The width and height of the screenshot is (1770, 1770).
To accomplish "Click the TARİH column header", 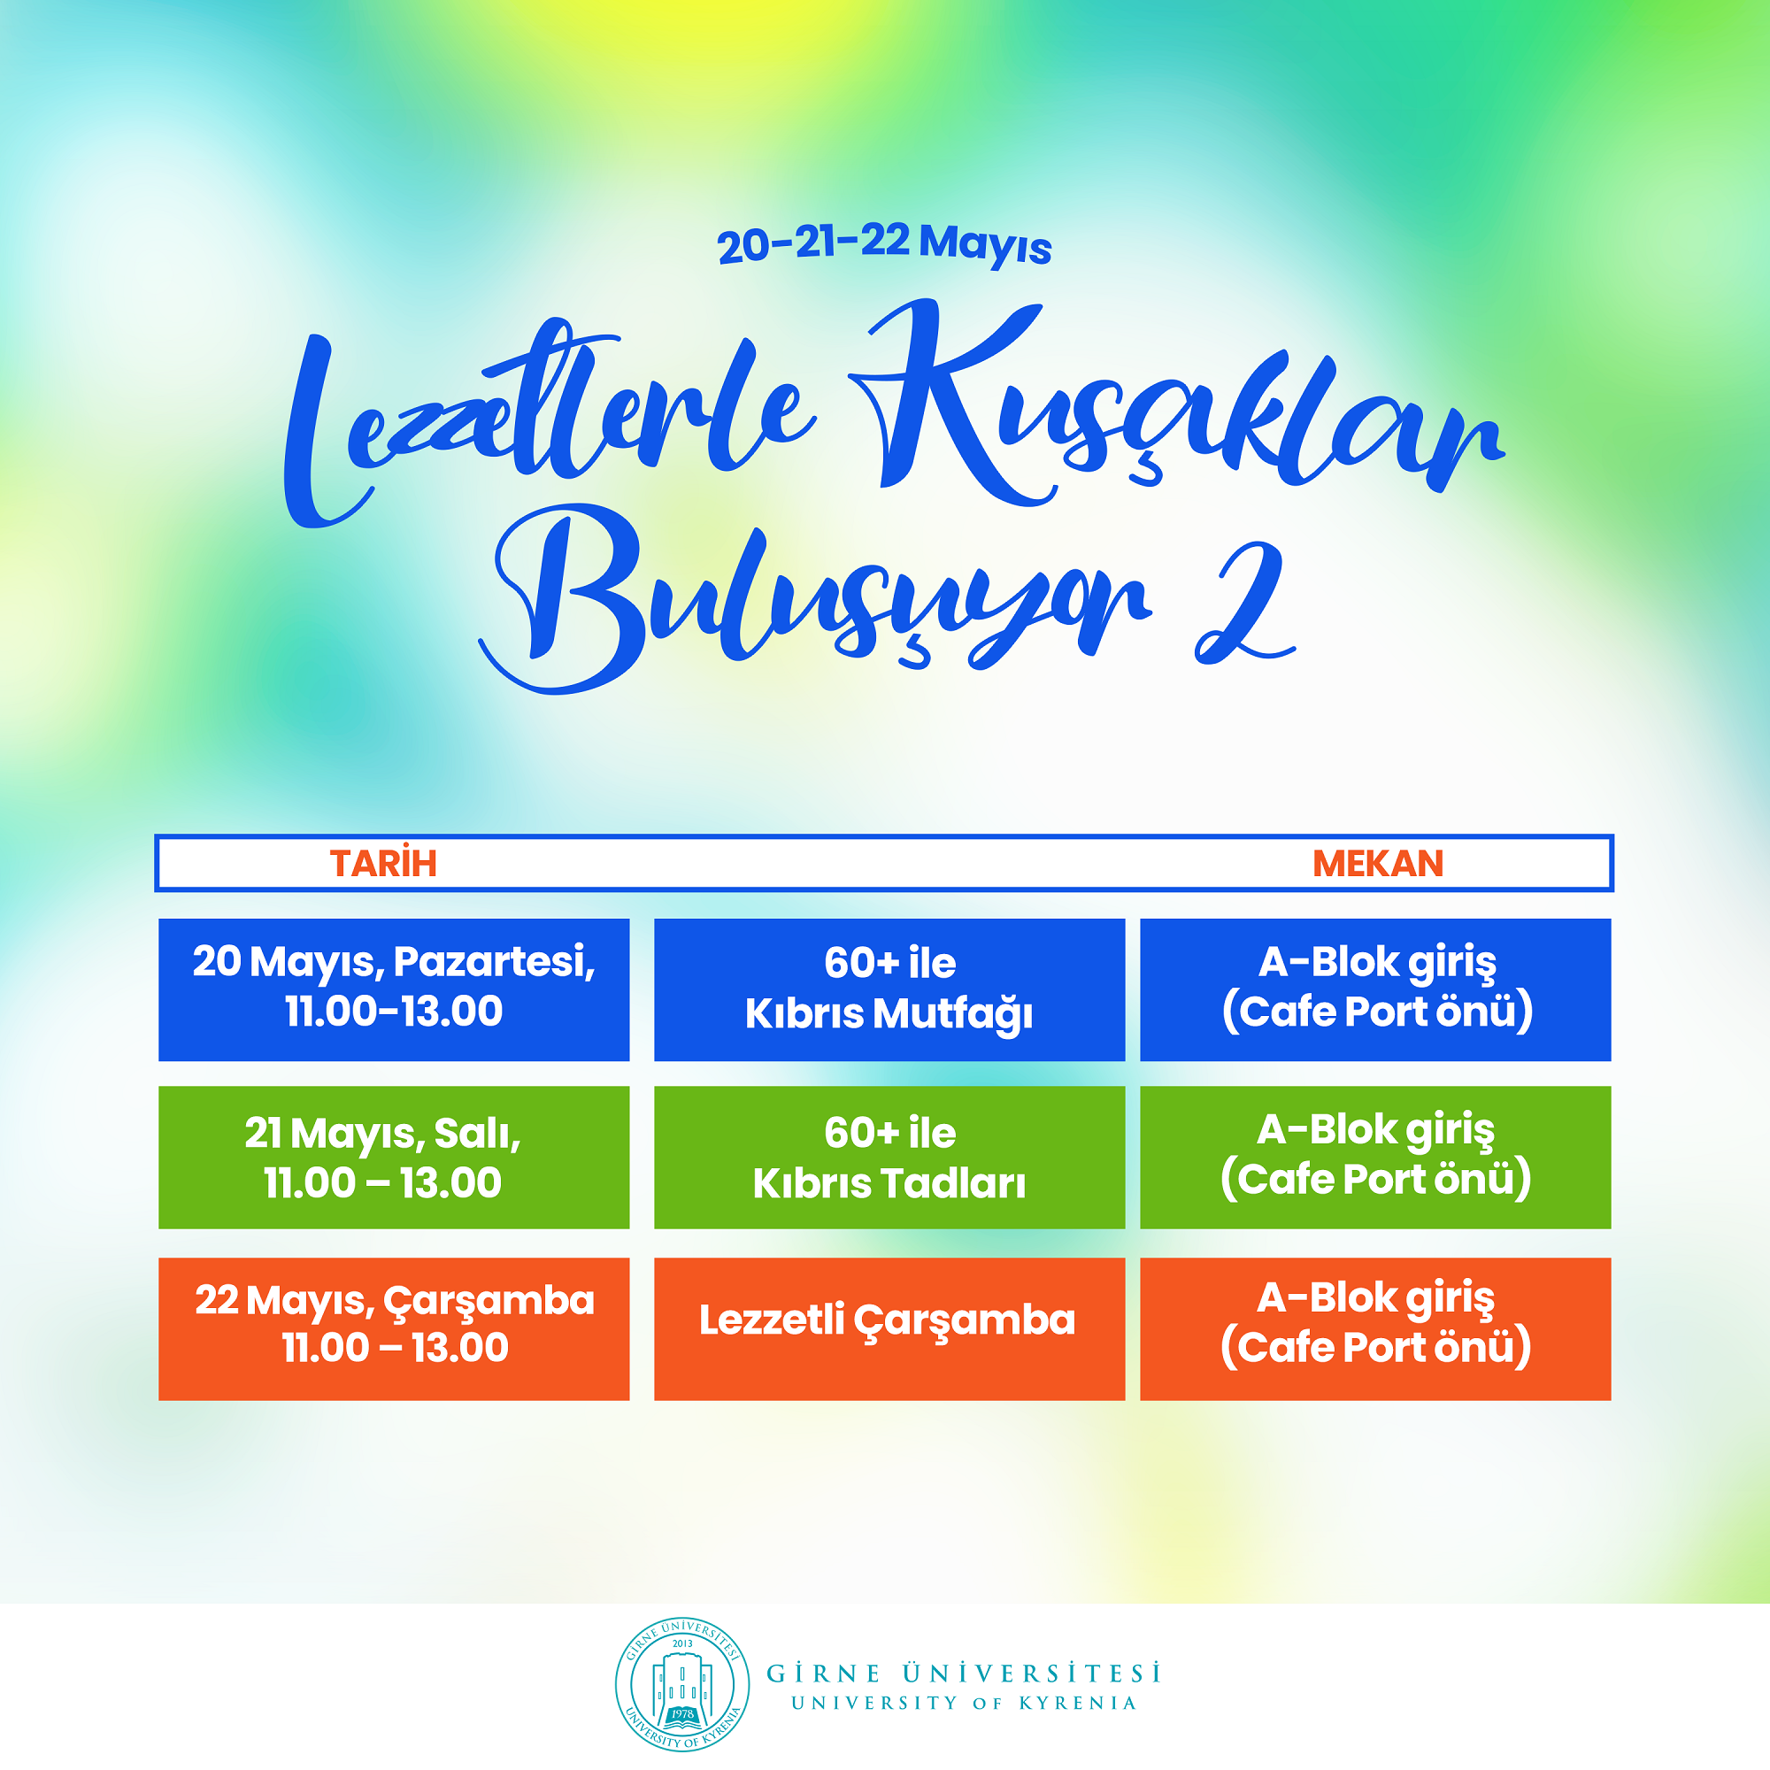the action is [x=383, y=863].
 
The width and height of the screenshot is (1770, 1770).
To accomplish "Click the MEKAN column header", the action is [x=1377, y=863].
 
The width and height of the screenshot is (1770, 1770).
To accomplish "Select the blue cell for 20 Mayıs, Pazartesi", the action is [x=394, y=989].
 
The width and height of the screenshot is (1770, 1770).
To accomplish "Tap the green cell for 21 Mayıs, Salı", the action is [x=394, y=1157].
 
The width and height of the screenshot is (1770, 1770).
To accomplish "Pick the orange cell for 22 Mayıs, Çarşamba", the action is [x=394, y=1328].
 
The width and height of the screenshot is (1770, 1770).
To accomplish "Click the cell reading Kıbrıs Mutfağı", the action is [x=889, y=989].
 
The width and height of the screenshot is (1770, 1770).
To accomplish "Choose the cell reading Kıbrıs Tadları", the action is [x=889, y=1157].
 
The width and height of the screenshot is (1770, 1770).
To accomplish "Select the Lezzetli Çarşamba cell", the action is [x=889, y=1328].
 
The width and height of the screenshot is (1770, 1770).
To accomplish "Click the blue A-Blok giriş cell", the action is [x=1375, y=989].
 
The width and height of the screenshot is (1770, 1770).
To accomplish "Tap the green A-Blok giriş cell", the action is [x=1375, y=1157].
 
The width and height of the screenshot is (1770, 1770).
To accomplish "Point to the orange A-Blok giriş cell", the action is [x=1375, y=1328].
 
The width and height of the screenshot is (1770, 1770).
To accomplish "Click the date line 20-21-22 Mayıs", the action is [x=884, y=243].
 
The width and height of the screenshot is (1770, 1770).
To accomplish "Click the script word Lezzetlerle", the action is [x=550, y=421].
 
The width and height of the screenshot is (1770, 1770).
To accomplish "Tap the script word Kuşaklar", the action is [x=1177, y=403].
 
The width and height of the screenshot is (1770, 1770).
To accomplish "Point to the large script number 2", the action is [x=1244, y=603].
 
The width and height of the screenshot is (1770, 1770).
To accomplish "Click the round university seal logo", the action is [x=681, y=1684].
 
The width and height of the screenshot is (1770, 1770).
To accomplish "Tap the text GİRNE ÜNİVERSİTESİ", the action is [x=964, y=1673].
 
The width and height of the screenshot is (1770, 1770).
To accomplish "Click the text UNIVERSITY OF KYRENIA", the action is [x=964, y=1703].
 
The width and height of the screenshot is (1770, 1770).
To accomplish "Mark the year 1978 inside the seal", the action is [x=681, y=1713].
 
